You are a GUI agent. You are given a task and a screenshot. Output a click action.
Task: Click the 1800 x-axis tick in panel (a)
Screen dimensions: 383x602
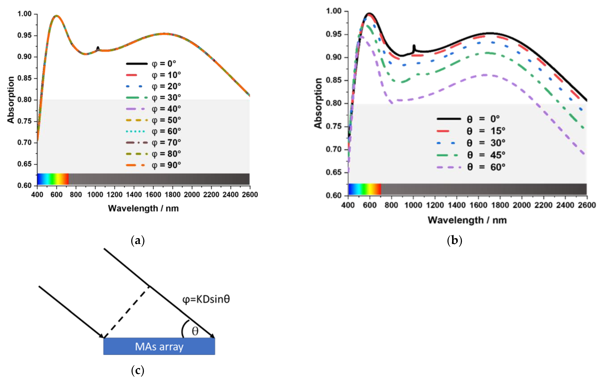click(x=172, y=194)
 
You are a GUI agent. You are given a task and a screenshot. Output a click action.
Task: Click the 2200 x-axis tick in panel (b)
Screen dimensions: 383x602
click(x=543, y=205)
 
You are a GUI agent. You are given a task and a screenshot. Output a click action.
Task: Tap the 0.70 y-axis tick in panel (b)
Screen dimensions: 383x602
click(x=334, y=149)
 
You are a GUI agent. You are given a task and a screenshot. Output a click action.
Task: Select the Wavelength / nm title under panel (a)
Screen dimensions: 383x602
click(x=143, y=208)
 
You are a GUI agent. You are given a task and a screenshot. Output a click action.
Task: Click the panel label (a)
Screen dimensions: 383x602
click(x=138, y=241)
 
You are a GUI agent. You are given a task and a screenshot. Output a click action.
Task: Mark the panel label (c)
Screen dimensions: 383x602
click(x=138, y=370)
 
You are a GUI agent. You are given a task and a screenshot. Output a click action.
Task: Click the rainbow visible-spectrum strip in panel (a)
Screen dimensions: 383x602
click(x=53, y=179)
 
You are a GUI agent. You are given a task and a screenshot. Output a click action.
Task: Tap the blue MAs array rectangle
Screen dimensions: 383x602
click(x=159, y=347)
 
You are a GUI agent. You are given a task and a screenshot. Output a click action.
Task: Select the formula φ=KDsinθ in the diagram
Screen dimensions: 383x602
click(x=206, y=299)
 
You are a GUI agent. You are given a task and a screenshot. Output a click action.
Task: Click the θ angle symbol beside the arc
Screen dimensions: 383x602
click(x=195, y=331)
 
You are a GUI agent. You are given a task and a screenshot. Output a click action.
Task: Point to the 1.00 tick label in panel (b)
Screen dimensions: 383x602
click(x=334, y=11)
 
